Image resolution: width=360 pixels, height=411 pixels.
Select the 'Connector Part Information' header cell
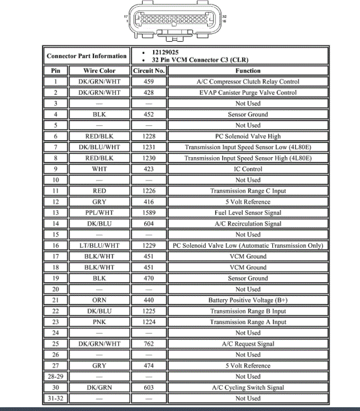click(87, 56)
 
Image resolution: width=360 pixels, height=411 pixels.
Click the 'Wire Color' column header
click(99, 71)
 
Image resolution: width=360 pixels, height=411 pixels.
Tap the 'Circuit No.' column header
click(149, 71)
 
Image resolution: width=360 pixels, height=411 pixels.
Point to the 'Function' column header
click(248, 71)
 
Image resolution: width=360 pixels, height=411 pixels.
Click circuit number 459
click(149, 81)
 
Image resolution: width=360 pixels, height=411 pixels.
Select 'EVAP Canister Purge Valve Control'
click(248, 92)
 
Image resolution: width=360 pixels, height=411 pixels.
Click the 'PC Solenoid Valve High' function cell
click(248, 136)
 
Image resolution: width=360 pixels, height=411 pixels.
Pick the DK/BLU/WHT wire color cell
click(99, 147)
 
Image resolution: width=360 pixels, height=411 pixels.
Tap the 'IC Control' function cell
click(248, 169)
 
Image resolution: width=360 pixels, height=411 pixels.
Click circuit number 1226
click(149, 191)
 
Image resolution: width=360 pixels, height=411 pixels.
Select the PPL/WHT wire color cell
click(99, 213)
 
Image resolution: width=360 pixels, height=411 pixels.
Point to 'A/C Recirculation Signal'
click(248, 223)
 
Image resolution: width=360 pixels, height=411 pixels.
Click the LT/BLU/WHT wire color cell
click(99, 245)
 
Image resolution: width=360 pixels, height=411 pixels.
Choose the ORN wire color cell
click(99, 300)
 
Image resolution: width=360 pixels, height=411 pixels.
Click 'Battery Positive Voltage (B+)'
click(248, 300)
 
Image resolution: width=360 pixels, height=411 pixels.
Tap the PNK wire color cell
click(99, 322)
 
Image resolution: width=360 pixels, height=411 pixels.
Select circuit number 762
click(149, 344)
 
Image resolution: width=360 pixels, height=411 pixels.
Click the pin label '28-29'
click(56, 376)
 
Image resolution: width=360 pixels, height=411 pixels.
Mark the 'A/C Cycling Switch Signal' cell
click(248, 387)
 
